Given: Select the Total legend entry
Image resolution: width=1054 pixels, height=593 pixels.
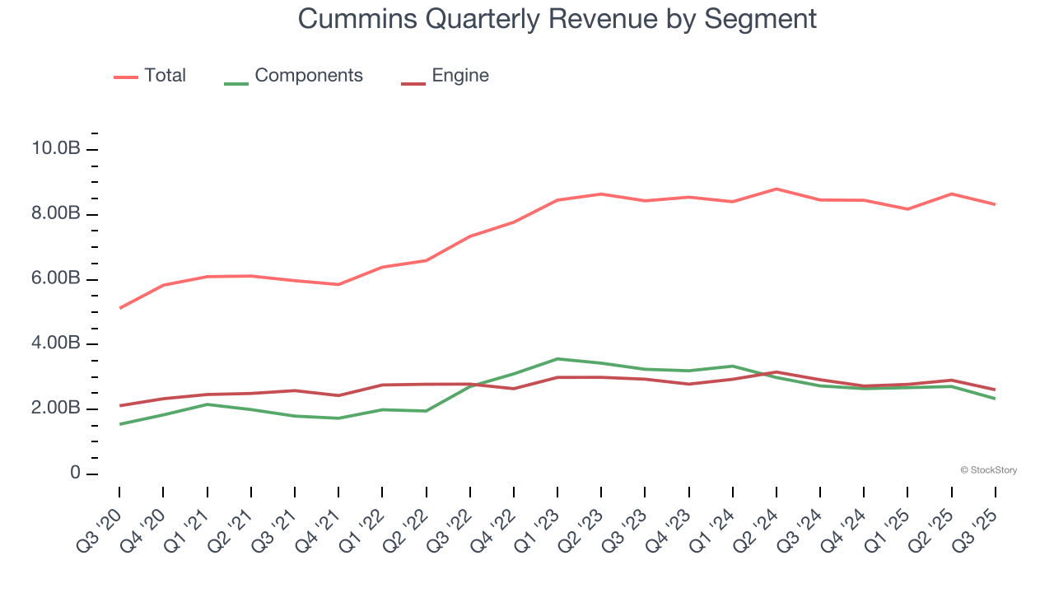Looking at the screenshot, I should pyautogui.click(x=165, y=76).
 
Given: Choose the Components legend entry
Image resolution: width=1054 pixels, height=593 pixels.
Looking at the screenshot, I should pyautogui.click(x=308, y=76).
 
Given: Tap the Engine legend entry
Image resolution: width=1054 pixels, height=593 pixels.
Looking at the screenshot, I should pyautogui.click(x=459, y=76).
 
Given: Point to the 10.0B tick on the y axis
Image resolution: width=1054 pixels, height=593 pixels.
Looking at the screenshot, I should pyautogui.click(x=55, y=149).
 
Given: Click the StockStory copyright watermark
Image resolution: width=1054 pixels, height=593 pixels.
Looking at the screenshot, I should pyautogui.click(x=988, y=470).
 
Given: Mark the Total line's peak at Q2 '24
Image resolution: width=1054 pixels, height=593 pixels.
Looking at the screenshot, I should pyautogui.click(x=776, y=189).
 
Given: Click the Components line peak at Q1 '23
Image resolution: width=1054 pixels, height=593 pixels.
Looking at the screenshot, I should pyautogui.click(x=557, y=358).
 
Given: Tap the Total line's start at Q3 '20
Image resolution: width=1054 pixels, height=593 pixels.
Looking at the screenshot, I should pyautogui.click(x=119, y=308).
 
